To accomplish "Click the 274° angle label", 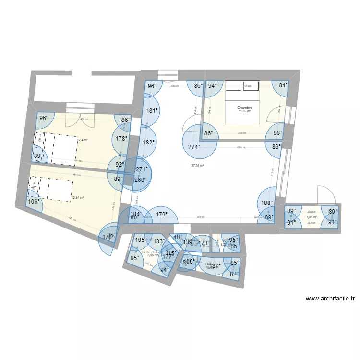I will [x=194, y=147].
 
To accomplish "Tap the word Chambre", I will [x=244, y=108].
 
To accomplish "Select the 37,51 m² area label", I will [x=197, y=165].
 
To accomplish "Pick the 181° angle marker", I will [x=152, y=110].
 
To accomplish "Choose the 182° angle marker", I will [x=149, y=142].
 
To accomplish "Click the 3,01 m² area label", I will [x=312, y=217].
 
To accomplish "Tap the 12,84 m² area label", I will [x=77, y=197].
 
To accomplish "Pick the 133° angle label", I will [x=159, y=242].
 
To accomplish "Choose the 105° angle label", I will [x=141, y=240].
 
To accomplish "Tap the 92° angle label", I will [x=119, y=164].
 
